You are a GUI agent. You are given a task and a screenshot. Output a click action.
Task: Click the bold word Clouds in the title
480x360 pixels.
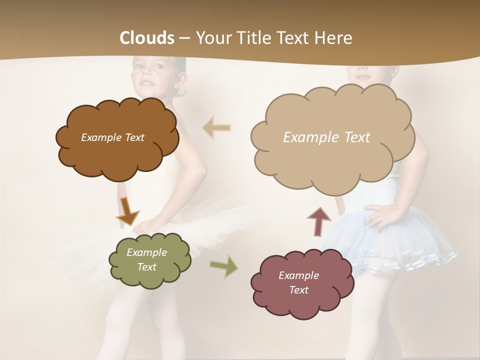coord(147,37)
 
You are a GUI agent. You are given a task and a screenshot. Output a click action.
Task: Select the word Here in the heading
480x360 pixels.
coord(334,37)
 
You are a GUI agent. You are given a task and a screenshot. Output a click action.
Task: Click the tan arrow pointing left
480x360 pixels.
coord(216,128)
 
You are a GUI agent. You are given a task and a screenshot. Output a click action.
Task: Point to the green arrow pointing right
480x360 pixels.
coord(223,266)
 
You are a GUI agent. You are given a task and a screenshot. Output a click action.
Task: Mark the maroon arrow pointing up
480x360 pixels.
coord(319,220)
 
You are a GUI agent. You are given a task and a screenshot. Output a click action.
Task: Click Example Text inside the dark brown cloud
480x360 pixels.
coord(112,137)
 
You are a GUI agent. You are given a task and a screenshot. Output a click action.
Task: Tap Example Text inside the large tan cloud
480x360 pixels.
coord(326,137)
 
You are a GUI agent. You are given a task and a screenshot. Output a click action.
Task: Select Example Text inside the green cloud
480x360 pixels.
coord(147,259)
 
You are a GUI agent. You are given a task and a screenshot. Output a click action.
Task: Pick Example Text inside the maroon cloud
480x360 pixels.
coord(298,282)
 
